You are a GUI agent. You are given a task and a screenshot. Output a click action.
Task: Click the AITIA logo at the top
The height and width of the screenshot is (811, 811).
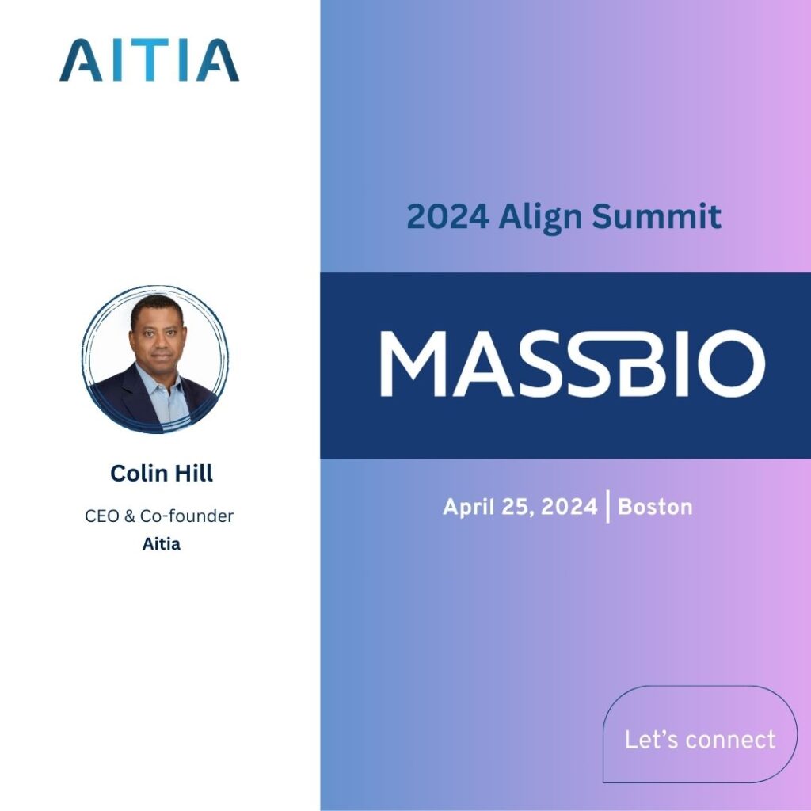tap(149, 60)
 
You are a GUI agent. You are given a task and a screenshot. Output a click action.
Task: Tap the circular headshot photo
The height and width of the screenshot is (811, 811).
tap(154, 360)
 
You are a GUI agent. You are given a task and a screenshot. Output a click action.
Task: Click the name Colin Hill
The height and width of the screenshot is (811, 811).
tap(162, 474)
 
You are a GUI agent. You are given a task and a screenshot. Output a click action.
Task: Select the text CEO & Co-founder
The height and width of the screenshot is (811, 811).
tap(159, 516)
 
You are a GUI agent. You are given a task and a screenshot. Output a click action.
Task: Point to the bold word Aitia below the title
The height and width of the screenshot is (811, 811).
tap(162, 545)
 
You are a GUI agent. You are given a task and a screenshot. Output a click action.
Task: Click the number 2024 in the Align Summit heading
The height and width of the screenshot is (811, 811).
tap(447, 217)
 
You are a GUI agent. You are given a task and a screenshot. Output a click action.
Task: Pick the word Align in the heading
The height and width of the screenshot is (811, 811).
tap(539, 217)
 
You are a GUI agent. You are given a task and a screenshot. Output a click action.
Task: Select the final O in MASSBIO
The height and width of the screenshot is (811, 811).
tap(733, 364)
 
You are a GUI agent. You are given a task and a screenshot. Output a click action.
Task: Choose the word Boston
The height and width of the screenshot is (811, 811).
tap(655, 507)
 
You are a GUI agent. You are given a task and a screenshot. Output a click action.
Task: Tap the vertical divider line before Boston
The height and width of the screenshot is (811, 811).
tap(608, 507)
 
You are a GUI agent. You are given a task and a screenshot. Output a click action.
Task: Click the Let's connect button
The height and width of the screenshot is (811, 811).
tap(700, 739)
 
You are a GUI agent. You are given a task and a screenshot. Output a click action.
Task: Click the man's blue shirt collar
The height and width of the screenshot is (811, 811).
tap(162, 386)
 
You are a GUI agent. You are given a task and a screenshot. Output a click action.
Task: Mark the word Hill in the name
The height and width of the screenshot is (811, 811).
tap(193, 474)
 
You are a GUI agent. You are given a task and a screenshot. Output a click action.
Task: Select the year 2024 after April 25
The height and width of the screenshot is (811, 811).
tap(568, 507)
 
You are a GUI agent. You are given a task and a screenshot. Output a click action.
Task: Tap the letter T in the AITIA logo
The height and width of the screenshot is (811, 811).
tap(148, 60)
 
